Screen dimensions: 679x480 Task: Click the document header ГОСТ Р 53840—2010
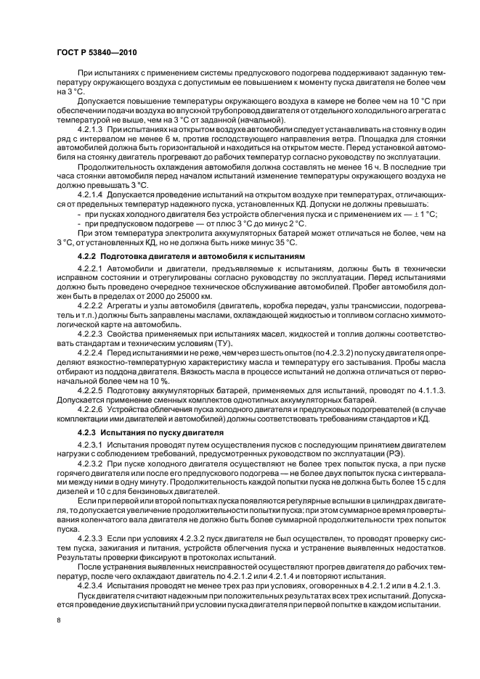[96, 52]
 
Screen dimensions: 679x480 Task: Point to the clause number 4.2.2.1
[90, 271]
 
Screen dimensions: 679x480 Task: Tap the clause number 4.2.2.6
[90, 410]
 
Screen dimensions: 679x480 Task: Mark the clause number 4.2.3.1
[90, 444]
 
